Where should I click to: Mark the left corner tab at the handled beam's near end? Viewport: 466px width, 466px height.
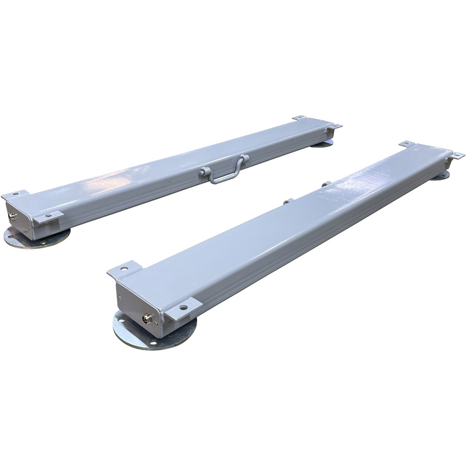[x=14, y=196]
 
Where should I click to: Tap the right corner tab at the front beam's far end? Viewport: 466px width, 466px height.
[x=455, y=155]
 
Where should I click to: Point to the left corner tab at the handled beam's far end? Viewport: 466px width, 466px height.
[x=299, y=118]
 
